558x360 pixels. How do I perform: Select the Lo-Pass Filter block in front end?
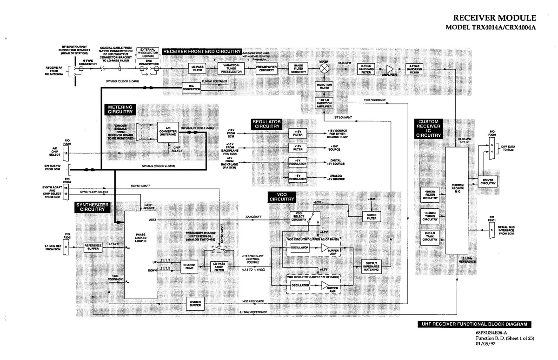(198, 68)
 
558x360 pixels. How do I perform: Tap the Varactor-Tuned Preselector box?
(231, 68)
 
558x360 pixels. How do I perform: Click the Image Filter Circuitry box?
(299, 68)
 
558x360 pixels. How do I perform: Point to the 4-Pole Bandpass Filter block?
(415, 68)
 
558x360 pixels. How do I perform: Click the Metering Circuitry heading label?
(120, 109)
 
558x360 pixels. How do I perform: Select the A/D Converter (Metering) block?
(167, 132)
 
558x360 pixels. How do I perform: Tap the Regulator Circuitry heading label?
(266, 124)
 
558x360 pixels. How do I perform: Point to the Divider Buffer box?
(195, 303)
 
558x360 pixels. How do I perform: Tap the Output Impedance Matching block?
(372, 266)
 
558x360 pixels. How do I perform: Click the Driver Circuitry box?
(488, 181)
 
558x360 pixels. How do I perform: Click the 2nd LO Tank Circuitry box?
(430, 236)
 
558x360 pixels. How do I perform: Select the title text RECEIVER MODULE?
(495, 18)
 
